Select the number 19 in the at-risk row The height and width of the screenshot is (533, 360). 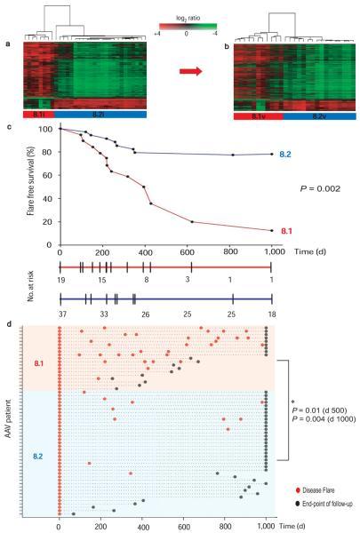pos(60,279)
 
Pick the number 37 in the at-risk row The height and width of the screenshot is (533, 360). pos(60,314)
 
